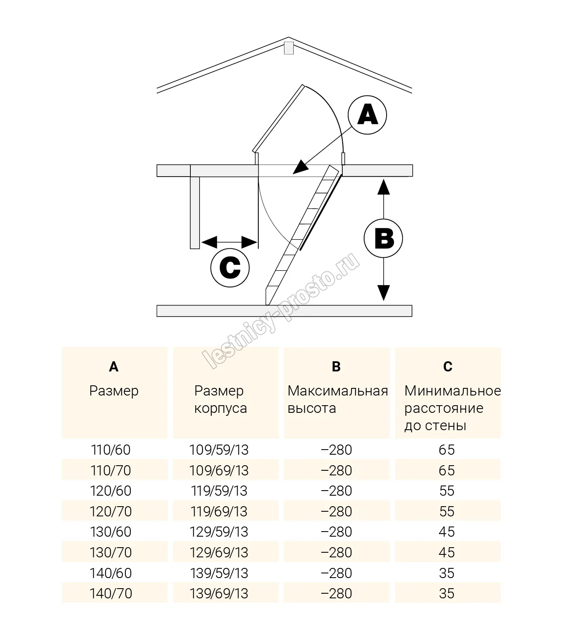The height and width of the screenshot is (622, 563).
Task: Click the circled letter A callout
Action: pyautogui.click(x=368, y=115)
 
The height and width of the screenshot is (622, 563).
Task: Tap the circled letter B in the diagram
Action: pyautogui.click(x=383, y=238)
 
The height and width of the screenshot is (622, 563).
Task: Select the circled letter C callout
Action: pyautogui.click(x=230, y=268)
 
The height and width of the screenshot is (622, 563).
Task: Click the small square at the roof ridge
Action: pyautogui.click(x=289, y=47)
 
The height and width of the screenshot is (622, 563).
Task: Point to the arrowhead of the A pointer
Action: pyautogui.click(x=299, y=168)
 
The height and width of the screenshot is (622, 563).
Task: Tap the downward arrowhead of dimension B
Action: pyautogui.click(x=383, y=292)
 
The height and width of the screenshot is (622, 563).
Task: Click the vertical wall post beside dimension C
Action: pyautogui.click(x=195, y=213)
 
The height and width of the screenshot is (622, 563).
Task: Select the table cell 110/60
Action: pyautogui.click(x=111, y=450)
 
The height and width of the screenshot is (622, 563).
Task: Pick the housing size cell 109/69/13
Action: pyautogui.click(x=219, y=471)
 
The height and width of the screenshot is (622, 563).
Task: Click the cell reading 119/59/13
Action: pyautogui.click(x=219, y=491)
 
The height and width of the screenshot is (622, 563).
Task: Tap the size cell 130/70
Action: pyautogui.click(x=111, y=553)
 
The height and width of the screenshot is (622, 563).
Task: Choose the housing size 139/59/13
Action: pyautogui.click(x=219, y=573)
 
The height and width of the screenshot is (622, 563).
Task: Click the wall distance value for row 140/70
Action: pyautogui.click(x=447, y=594)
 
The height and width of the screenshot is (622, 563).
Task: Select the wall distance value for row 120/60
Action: pyautogui.click(x=447, y=491)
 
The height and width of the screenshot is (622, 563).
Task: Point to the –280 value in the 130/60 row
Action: pyautogui.click(x=336, y=532)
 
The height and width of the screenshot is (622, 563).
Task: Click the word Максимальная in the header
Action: pyautogui.click(x=338, y=391)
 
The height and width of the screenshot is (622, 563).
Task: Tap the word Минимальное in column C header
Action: pyautogui.click(x=452, y=391)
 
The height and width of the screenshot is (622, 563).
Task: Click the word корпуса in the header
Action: pyautogui.click(x=220, y=409)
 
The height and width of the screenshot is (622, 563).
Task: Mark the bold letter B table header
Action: pyautogui.click(x=336, y=367)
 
